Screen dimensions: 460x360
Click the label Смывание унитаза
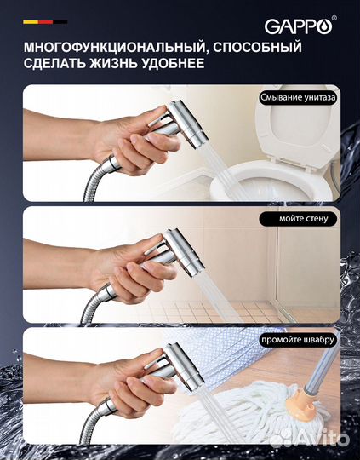coord(299,97)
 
